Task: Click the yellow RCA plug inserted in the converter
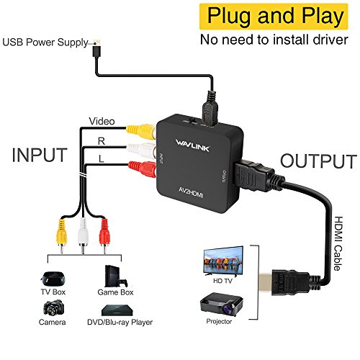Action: tap(135, 131)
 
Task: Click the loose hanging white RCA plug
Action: tap(85, 231)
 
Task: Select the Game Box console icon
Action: tap(116, 276)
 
